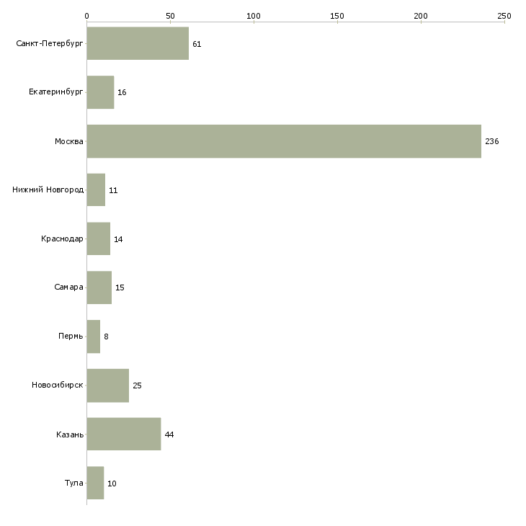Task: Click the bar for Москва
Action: (284, 141)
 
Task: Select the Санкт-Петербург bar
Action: (138, 43)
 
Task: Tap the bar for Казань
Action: (124, 434)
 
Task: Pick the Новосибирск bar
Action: (107, 385)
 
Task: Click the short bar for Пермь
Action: (93, 336)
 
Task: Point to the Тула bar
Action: (95, 483)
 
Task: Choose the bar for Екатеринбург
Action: (100, 92)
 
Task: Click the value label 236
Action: (492, 141)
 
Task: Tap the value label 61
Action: (197, 44)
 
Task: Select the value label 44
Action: (169, 434)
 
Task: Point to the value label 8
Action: (106, 336)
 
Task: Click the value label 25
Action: (137, 385)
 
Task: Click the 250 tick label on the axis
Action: (504, 16)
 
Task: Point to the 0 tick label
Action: (87, 16)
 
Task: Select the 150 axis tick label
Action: (337, 16)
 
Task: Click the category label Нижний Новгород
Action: (48, 190)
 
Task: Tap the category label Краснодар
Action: (62, 239)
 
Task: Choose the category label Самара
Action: (68, 287)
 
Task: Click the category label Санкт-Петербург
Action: (50, 44)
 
